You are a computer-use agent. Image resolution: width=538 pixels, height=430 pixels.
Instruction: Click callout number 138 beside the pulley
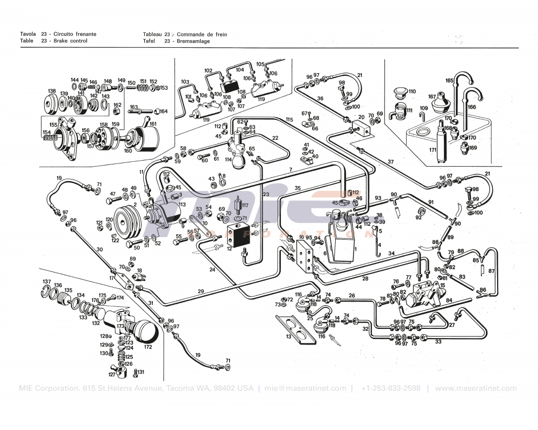(x=52, y=91)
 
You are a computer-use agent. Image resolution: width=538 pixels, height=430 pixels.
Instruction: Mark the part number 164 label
(x=164, y=111)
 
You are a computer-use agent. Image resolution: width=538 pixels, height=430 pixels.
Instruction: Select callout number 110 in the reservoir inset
(x=412, y=91)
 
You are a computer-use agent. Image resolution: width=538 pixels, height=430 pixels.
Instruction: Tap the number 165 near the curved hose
(x=449, y=81)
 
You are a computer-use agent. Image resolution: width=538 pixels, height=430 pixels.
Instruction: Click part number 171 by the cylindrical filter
(x=433, y=149)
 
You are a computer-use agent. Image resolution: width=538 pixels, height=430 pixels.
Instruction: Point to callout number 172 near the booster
(x=148, y=347)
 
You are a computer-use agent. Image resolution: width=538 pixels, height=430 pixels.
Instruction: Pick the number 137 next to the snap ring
(x=47, y=282)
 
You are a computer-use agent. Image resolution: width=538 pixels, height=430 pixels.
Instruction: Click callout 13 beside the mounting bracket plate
(x=288, y=336)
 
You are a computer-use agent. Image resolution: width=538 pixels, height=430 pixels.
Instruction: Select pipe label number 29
(x=201, y=291)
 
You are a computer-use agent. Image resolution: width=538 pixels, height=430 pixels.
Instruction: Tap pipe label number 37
(x=391, y=162)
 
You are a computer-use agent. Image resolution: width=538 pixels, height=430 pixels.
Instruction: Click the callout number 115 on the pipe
(x=289, y=119)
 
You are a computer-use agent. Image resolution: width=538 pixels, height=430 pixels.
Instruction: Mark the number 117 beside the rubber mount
(x=244, y=205)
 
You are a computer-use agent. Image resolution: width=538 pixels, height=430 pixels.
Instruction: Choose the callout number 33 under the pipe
(x=438, y=341)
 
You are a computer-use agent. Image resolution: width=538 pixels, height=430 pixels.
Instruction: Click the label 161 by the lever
(x=153, y=124)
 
